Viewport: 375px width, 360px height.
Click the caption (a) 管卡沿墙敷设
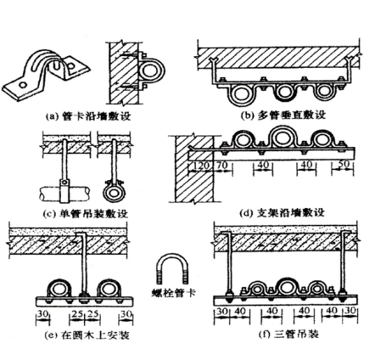pyautogui.click(x=88, y=116)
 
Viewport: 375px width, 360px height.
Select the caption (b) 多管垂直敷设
pyautogui.click(x=283, y=115)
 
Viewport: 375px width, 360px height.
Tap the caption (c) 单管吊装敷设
pyautogui.click(x=85, y=214)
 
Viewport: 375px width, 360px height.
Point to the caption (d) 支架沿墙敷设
pyautogui.click(x=282, y=212)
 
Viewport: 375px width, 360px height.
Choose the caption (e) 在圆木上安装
pyautogui.click(x=87, y=335)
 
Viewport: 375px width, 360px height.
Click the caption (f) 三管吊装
pyautogui.click(x=289, y=333)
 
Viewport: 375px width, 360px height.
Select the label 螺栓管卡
pyautogui.click(x=174, y=293)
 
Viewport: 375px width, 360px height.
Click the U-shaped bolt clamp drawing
pyautogui.click(x=172, y=256)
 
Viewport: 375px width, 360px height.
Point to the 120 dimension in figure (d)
pyautogui.click(x=201, y=165)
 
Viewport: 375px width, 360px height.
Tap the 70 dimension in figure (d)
pyautogui.click(x=222, y=165)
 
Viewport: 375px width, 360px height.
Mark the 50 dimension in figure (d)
pyautogui.click(x=344, y=164)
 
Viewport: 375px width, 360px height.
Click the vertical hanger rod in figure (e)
pyautogui.click(x=83, y=263)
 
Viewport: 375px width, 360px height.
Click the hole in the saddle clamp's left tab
pyautogui.click(x=22, y=85)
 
